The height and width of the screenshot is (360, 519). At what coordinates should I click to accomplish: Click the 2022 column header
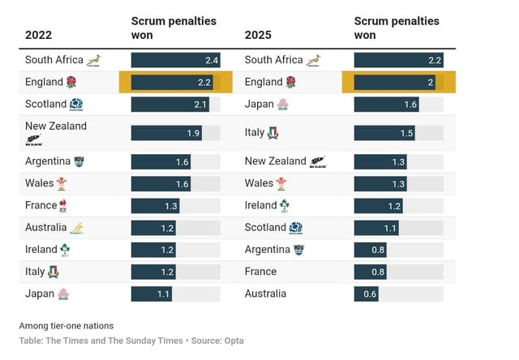(39, 35)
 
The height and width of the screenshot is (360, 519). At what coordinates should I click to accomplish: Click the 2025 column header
(259, 35)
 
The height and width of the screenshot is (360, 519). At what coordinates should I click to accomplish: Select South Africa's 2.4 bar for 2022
(175, 60)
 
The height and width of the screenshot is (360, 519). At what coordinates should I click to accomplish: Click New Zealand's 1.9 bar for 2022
(166, 133)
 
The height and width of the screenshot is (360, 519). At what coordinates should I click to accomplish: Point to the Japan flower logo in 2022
(63, 294)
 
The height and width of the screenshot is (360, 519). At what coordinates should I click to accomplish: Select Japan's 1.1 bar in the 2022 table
(151, 294)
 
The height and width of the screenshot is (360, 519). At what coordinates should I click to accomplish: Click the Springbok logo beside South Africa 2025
(315, 60)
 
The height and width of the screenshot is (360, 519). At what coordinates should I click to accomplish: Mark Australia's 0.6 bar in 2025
(367, 294)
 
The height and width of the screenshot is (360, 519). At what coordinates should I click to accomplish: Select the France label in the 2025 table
(260, 272)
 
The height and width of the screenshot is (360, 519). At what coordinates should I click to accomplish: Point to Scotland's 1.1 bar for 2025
(376, 228)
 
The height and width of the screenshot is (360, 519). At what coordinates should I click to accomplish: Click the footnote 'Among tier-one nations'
(66, 326)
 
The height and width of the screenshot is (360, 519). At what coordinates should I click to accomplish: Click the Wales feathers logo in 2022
(62, 183)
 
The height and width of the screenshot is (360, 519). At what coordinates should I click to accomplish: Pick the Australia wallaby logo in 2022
(77, 228)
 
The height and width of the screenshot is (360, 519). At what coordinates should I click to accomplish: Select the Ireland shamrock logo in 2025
(285, 206)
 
